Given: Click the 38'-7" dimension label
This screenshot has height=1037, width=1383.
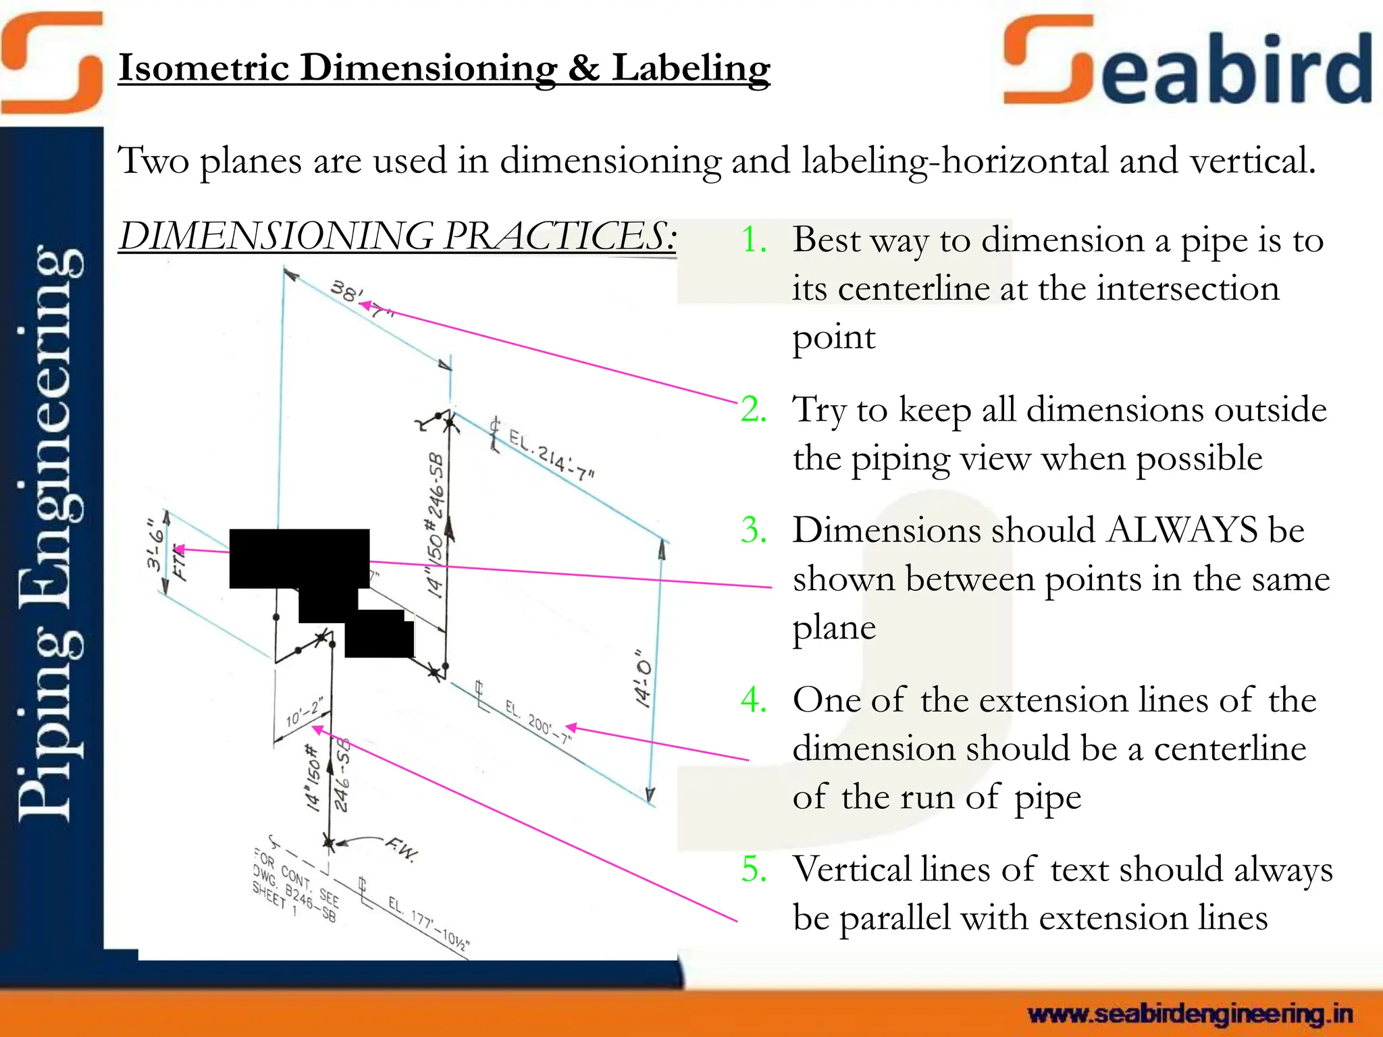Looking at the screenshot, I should pyautogui.click(x=361, y=299).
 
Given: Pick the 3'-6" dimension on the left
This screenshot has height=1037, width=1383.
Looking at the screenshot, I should pyautogui.click(x=156, y=543).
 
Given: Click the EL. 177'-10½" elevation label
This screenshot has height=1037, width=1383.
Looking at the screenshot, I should pyautogui.click(x=428, y=922).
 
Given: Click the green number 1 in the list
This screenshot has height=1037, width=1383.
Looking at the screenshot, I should pyautogui.click(x=754, y=240).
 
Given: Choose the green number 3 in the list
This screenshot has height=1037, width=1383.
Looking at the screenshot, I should pyautogui.click(x=754, y=530).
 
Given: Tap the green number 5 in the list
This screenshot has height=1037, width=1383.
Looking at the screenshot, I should pyautogui.click(x=754, y=870).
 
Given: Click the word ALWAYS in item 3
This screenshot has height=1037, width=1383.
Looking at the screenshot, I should pyautogui.click(x=1182, y=530).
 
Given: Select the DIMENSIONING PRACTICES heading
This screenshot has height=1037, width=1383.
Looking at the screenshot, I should pyautogui.click(x=397, y=236).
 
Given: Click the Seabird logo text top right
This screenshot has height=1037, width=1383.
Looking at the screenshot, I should pyautogui.click(x=1189, y=64).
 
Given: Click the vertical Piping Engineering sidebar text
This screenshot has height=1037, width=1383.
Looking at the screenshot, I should pyautogui.click(x=51, y=533).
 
